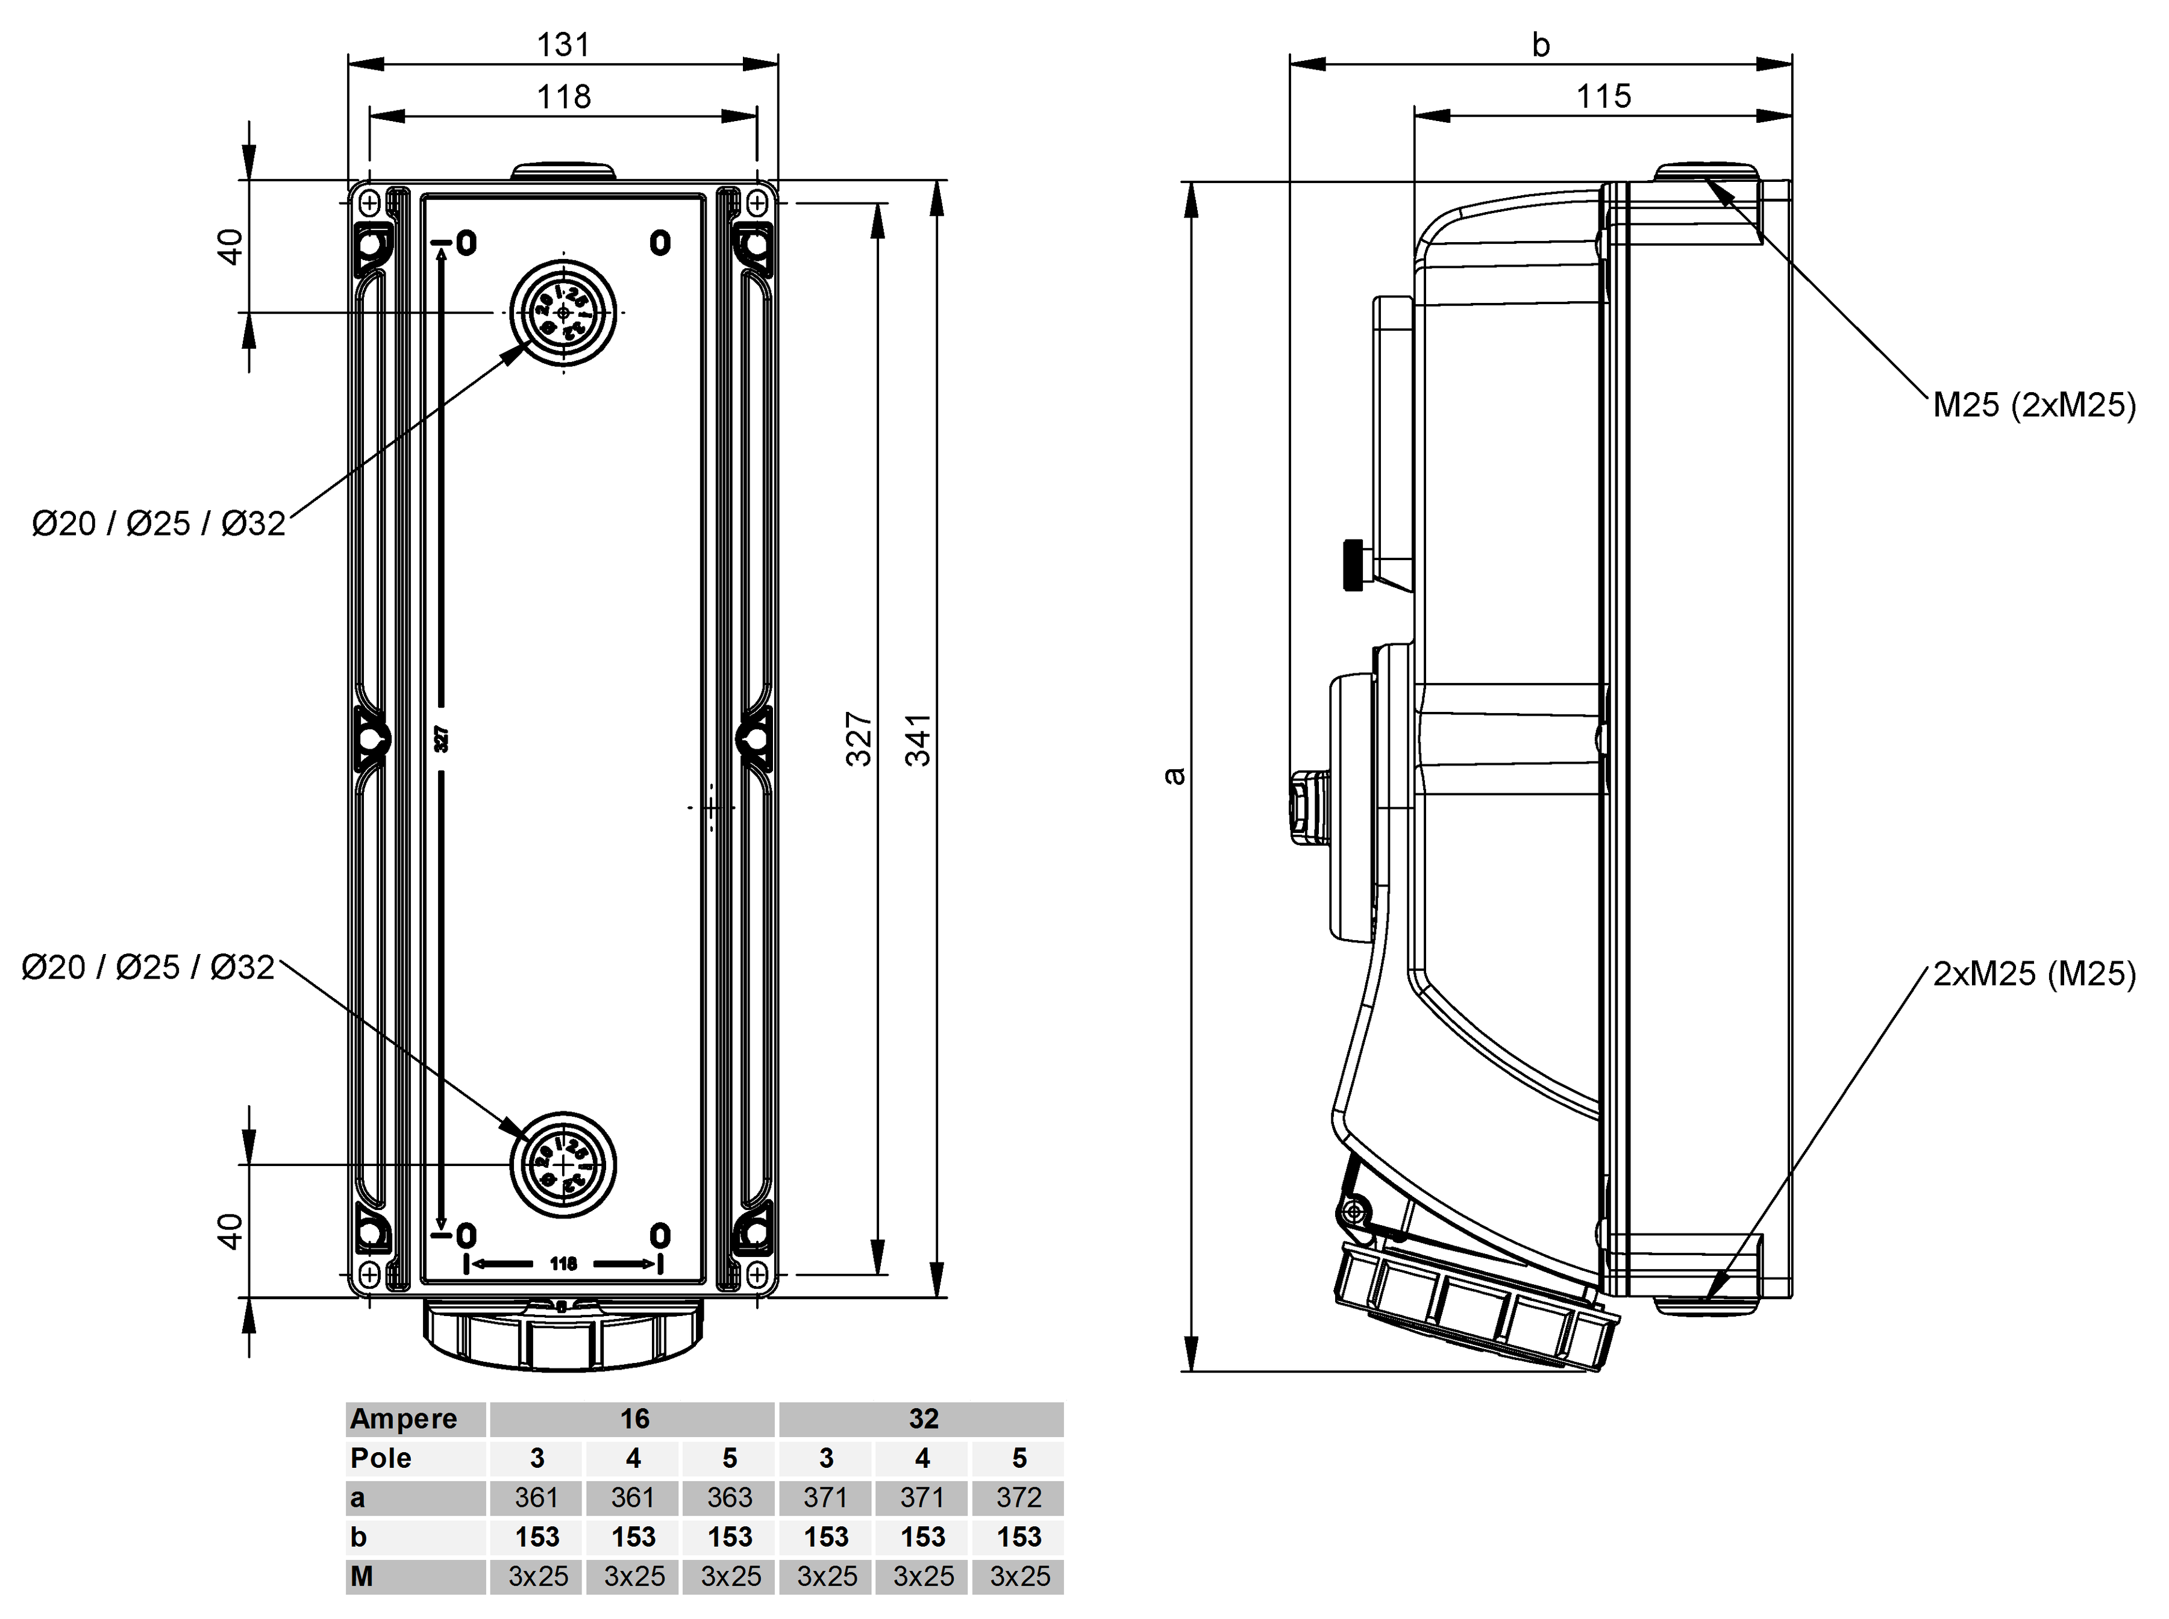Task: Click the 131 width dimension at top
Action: [563, 44]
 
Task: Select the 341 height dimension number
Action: [918, 740]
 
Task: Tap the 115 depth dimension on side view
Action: [1603, 96]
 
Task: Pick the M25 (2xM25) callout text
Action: [2034, 405]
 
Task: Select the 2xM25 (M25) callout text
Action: [2034, 973]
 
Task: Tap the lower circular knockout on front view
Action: [563, 1164]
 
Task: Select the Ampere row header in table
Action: [404, 1419]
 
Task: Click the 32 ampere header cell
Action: [922, 1419]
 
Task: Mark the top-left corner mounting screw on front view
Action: [369, 203]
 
